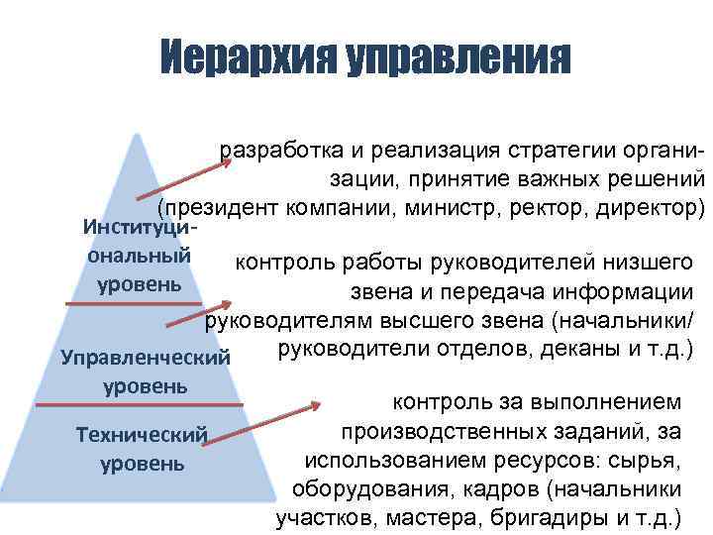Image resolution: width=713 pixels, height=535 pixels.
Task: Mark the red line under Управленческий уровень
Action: pyautogui.click(x=139, y=404)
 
